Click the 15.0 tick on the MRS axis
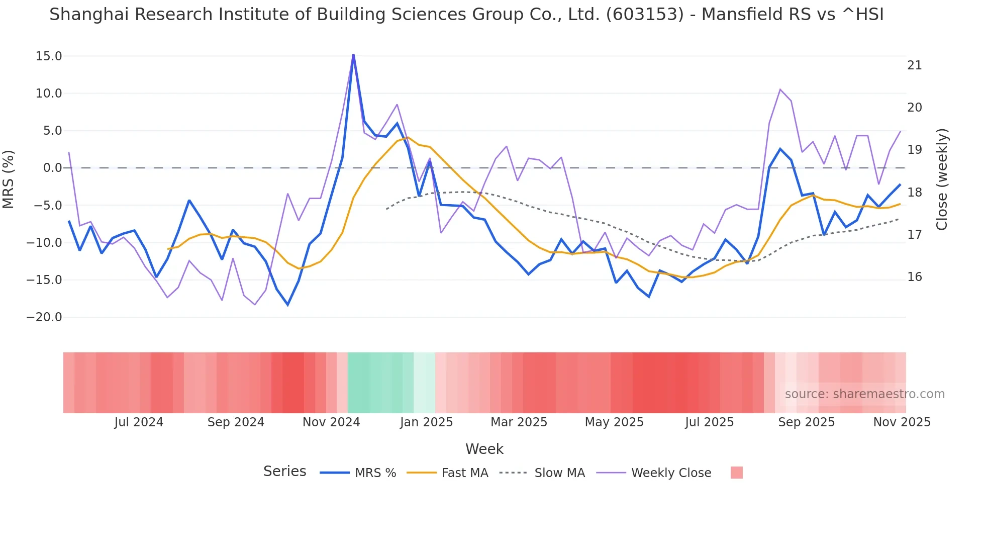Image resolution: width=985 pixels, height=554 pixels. [x=48, y=56]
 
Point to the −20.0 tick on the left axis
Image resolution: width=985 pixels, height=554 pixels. [x=44, y=317]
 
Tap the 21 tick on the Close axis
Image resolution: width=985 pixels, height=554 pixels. [x=915, y=65]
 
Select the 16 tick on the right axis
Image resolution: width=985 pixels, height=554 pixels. [x=915, y=277]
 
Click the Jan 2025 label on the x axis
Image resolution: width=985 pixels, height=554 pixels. [x=426, y=422]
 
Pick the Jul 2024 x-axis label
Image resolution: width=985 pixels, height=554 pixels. [x=139, y=422]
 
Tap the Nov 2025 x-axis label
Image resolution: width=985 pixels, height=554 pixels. [x=902, y=422]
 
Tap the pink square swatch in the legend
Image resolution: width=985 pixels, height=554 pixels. [x=736, y=473]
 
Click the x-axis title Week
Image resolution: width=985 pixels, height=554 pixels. [x=484, y=449]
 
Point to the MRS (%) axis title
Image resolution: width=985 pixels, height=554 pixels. [x=9, y=179]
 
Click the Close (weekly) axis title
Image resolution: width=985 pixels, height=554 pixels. [x=942, y=179]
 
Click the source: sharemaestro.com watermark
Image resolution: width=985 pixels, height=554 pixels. [x=864, y=394]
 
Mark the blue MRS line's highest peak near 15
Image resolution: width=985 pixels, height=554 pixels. [x=353, y=55]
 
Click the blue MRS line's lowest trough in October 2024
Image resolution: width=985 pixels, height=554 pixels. [x=288, y=305]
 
